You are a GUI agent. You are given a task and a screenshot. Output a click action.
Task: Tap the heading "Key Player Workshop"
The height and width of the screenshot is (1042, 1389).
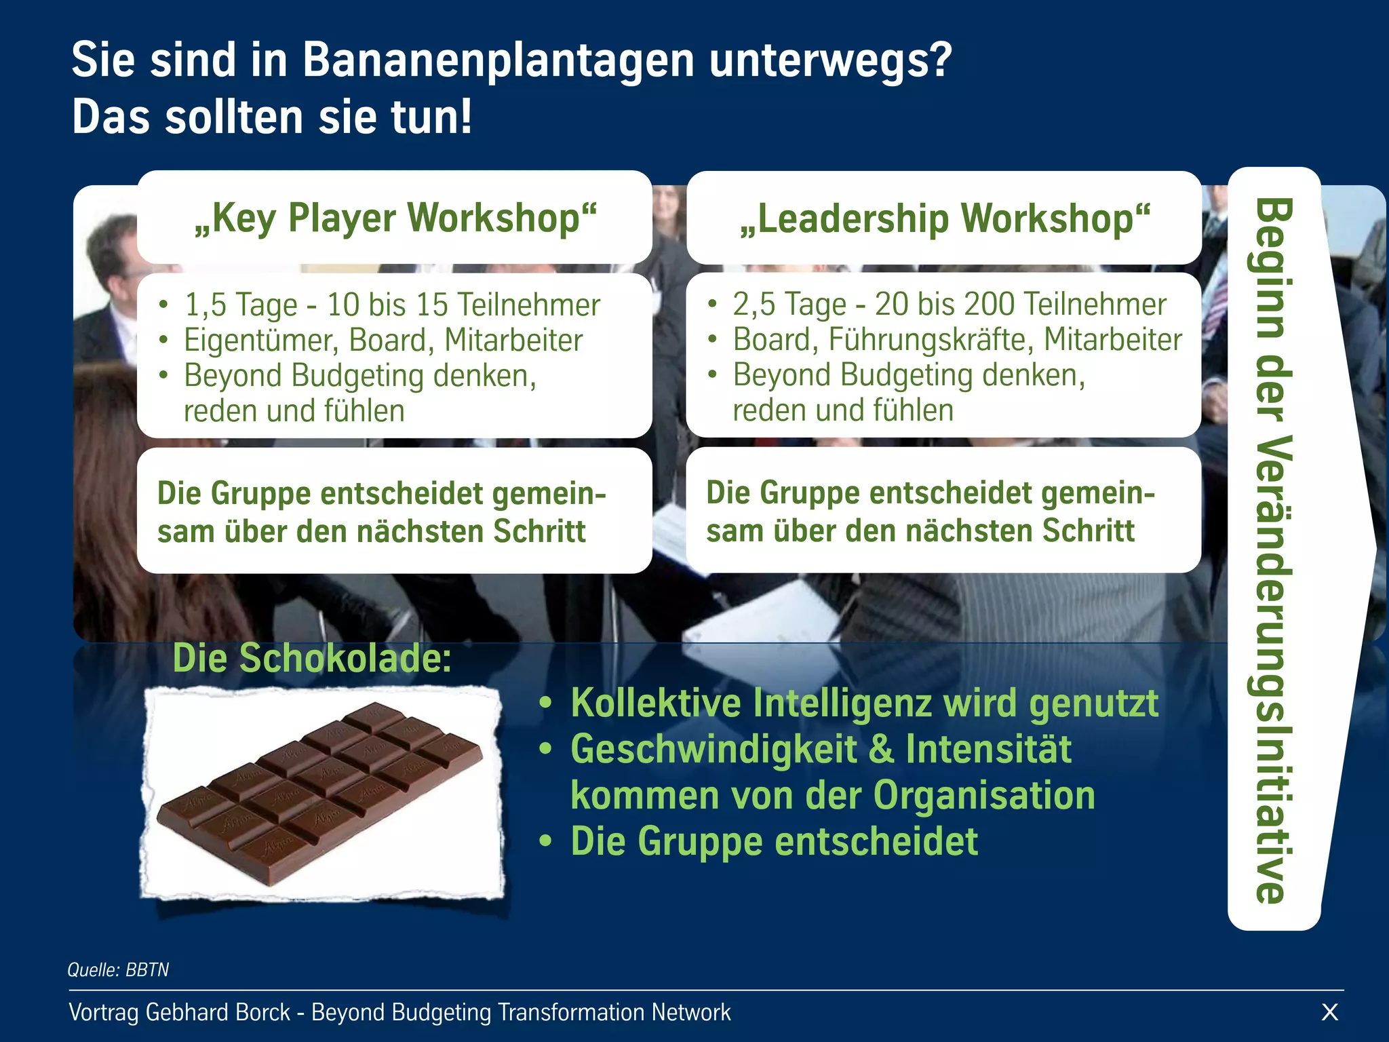point(395,218)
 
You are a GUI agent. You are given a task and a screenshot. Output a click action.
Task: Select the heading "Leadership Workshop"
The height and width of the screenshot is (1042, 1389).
point(945,218)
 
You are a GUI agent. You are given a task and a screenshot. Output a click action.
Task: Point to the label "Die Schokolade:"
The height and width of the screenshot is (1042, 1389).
point(312,658)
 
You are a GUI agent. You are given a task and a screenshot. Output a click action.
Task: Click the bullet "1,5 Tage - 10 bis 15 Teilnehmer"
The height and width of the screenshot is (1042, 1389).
point(392,305)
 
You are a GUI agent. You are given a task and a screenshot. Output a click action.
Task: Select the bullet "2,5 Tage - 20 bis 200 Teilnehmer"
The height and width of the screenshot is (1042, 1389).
point(950,304)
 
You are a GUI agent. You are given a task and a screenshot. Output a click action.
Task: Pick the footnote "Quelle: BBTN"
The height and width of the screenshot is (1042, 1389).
point(118,969)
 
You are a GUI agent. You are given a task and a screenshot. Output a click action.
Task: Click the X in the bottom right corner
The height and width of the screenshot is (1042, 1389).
point(1330,1012)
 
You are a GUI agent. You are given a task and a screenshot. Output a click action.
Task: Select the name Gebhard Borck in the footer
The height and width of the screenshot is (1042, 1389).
point(218,1012)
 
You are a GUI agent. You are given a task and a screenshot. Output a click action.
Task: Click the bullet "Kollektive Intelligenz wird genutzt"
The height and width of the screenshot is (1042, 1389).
point(864,703)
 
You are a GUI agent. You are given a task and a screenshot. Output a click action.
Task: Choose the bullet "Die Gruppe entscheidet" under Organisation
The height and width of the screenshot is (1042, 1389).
point(774,841)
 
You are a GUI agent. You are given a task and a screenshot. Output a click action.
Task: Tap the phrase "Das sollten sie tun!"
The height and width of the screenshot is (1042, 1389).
point(272,117)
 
